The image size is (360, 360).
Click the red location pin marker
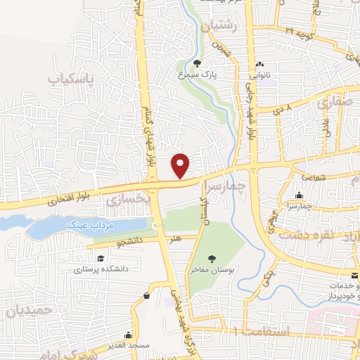pos(181,165)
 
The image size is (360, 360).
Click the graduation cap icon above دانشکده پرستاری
pos(101,258)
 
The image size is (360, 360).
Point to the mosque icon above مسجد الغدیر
pos(127,335)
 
